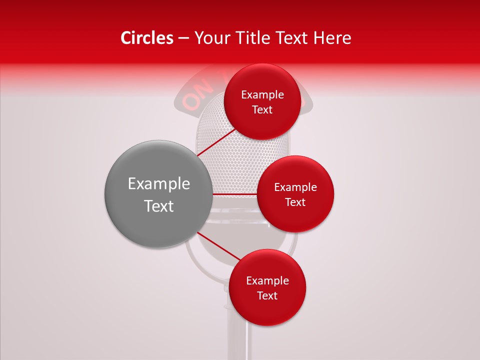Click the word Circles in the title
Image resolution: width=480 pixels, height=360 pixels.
coord(146,38)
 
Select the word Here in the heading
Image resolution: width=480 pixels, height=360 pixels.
coord(333,38)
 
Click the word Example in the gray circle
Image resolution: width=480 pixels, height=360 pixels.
coord(159,184)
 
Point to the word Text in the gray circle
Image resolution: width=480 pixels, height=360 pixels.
coord(159,206)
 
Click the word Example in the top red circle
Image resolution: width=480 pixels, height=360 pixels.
coord(262,95)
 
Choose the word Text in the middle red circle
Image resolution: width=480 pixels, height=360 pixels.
coord(295,202)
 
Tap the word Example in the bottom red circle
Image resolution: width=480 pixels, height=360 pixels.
coord(267,281)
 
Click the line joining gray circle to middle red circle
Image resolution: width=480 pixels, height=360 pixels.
coord(234,194)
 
